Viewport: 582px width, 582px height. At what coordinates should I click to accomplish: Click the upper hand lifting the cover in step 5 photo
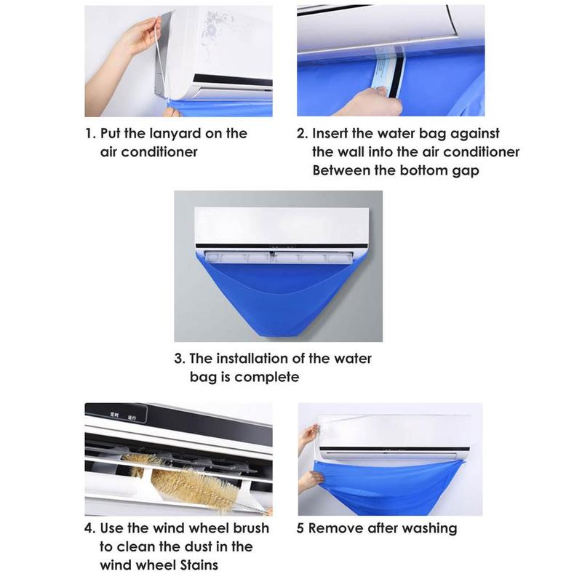tap(309, 436)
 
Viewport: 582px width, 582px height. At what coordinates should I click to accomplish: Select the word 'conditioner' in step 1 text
tap(148, 152)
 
